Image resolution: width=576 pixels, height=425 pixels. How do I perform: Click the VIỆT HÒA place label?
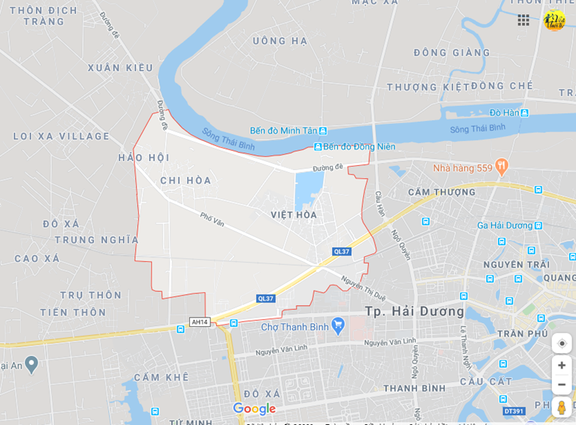tap(294, 214)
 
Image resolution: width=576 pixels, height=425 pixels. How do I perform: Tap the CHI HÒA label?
tap(186, 181)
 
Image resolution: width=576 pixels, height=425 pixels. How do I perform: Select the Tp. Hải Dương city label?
tap(415, 312)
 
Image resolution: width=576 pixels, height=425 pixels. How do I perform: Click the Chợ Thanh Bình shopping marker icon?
tap(338, 325)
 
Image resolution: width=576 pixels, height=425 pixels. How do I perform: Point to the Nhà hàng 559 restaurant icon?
tap(501, 167)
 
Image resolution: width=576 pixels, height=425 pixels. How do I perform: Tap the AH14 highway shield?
tap(200, 322)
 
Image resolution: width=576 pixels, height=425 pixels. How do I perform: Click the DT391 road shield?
tap(513, 411)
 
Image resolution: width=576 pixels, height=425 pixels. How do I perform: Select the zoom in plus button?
tap(561, 365)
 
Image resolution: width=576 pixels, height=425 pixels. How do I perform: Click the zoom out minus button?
tap(561, 384)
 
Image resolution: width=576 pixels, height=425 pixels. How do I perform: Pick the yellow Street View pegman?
tap(561, 408)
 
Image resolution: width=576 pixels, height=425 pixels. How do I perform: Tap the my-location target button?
tap(561, 343)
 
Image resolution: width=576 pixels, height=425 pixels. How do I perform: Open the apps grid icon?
tap(523, 20)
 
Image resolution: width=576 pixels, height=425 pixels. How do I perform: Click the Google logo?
tap(254, 409)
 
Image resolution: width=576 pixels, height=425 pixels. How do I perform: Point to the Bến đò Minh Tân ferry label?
tap(284, 131)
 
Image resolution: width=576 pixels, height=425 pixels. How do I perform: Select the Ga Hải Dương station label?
tap(504, 226)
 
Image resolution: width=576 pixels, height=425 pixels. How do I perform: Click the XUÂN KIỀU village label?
tap(120, 68)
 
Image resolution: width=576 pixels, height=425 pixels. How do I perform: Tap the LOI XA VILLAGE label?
tap(61, 136)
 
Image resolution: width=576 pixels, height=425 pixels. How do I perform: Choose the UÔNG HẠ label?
tap(280, 41)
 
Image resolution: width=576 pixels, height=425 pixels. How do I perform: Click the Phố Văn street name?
tap(211, 219)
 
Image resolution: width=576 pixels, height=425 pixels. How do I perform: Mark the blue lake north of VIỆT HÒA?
tap(309, 189)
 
